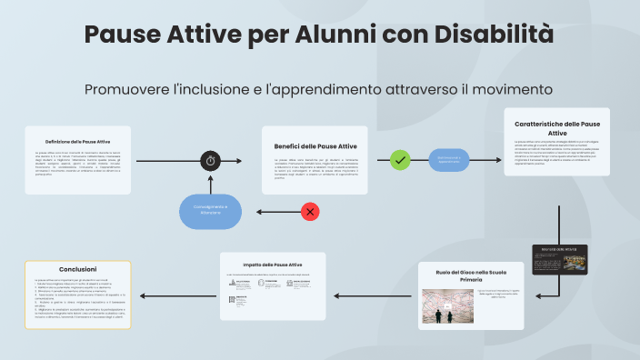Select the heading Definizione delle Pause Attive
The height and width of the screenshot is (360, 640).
(78, 142)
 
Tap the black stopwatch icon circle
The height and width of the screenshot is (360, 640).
(210, 161)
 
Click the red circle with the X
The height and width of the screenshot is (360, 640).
(310, 212)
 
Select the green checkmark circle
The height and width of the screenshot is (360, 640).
(400, 160)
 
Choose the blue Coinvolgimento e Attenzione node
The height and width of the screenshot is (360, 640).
(211, 212)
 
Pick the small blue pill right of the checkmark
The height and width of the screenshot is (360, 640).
(449, 160)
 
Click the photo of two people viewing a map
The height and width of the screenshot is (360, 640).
(442, 306)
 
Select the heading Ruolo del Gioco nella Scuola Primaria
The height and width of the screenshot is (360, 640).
(471, 276)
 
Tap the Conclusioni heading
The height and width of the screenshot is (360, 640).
(78, 269)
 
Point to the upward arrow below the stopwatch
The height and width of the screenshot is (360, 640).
(210, 184)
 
